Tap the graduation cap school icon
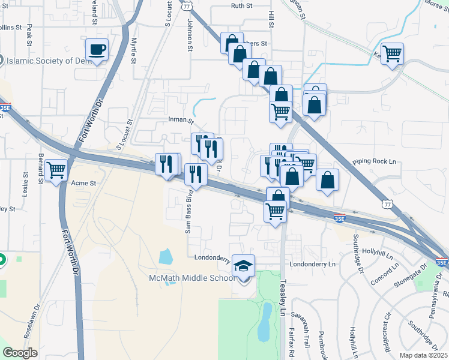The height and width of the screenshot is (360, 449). pos(243,266)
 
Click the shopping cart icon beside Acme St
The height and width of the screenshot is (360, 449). pos(56,170)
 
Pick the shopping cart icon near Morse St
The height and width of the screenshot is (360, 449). pos(393,53)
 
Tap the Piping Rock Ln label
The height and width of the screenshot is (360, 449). pos(376,161)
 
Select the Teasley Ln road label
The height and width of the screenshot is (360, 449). pos(283,298)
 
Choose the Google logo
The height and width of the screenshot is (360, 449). pos(20,353)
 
